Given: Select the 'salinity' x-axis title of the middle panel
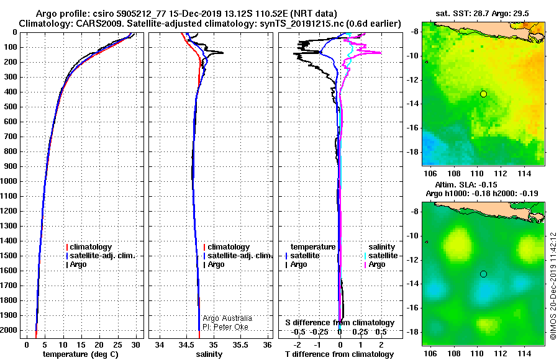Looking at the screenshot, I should pos(209,354).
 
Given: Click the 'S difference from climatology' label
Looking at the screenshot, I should pos(340,323).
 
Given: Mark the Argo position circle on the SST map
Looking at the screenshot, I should pos(483,94).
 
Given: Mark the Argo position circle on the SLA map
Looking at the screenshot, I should pos(483,274).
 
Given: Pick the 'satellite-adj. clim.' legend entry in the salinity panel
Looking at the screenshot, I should pos(239,256).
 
